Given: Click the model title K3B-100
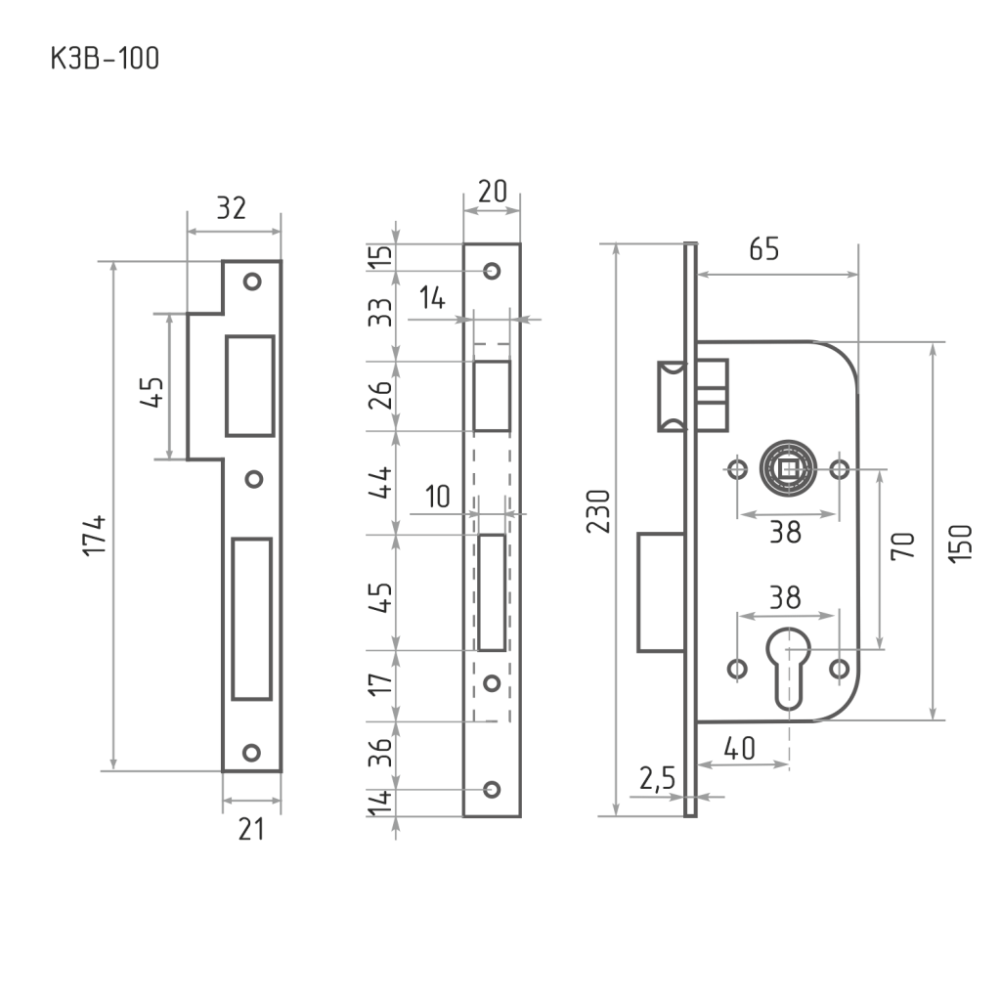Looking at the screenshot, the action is pyautogui.click(x=105, y=58).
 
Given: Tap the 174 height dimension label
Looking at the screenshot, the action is pyautogui.click(x=95, y=536).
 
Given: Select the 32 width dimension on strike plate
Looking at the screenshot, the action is pyautogui.click(x=231, y=208).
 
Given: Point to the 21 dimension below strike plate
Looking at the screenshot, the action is pyautogui.click(x=251, y=829).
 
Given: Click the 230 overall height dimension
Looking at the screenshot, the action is pyautogui.click(x=599, y=511).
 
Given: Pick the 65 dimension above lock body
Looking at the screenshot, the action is pyautogui.click(x=764, y=249).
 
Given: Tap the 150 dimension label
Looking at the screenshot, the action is pyautogui.click(x=960, y=544).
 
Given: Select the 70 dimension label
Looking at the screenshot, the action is pyautogui.click(x=902, y=545).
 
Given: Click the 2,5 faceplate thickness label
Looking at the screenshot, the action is pyautogui.click(x=658, y=778).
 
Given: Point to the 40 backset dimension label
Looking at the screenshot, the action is pyautogui.click(x=739, y=748).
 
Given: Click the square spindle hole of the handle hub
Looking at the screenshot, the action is pyautogui.click(x=789, y=470).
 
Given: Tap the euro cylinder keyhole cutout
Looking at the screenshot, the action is pyautogui.click(x=789, y=669).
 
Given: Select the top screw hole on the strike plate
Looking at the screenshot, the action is pyautogui.click(x=252, y=282).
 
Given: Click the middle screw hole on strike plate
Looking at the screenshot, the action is pyautogui.click(x=254, y=479).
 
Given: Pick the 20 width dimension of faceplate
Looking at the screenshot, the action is pyautogui.click(x=493, y=191).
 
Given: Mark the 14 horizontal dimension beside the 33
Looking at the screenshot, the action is pyautogui.click(x=432, y=298).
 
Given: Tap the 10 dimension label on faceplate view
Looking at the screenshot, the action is pyautogui.click(x=437, y=496).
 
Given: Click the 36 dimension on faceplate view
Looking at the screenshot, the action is pyautogui.click(x=380, y=753).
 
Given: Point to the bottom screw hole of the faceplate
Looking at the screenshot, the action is pyautogui.click(x=492, y=790).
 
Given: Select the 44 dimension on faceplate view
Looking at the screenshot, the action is pyautogui.click(x=380, y=483).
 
